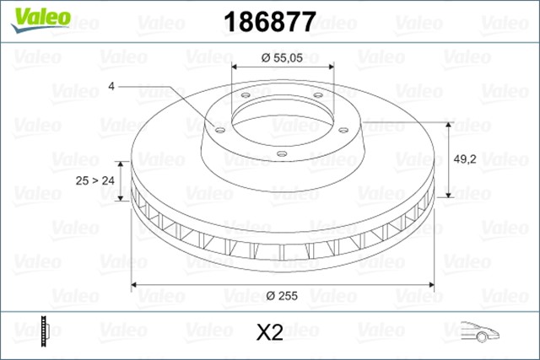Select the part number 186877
tap(268, 21)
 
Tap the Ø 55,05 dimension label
tap(281, 57)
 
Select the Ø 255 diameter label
tap(281, 296)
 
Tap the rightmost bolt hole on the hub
tap(343, 129)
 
